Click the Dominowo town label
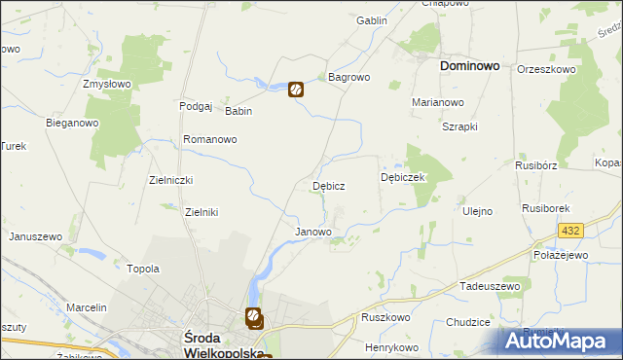[469, 66]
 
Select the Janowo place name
[313, 233]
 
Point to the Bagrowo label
[348, 76]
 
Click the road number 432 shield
[570, 231]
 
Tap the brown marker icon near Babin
[296, 90]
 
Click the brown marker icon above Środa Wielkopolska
[253, 316]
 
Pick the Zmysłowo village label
[107, 85]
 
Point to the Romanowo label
[210, 140]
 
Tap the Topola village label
[143, 269]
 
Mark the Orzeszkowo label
[548, 70]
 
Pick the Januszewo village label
[36, 236]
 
